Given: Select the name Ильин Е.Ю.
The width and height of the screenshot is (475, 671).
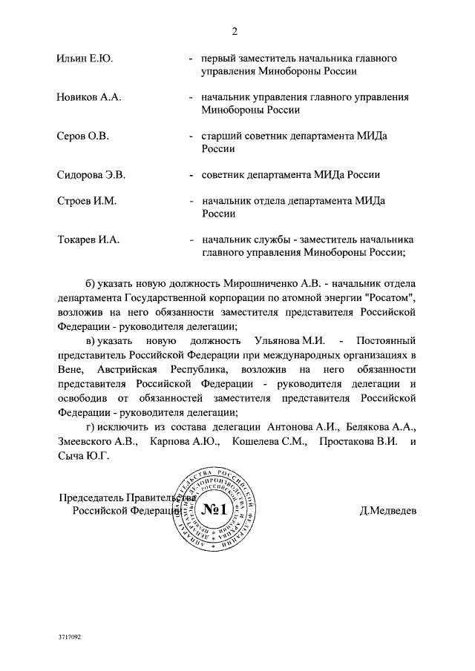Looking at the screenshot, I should point(85,59).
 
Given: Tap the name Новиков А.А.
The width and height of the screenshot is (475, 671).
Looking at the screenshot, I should point(89,97).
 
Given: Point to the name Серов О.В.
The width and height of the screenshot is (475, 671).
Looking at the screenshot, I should point(83,136).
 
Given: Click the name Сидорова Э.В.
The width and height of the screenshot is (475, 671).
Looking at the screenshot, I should point(91,175).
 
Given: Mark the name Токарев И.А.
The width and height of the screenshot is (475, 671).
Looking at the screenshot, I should point(88,240).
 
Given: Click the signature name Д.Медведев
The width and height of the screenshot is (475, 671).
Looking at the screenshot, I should point(387,511).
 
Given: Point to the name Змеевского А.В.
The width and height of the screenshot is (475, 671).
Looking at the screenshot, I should point(96,442).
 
